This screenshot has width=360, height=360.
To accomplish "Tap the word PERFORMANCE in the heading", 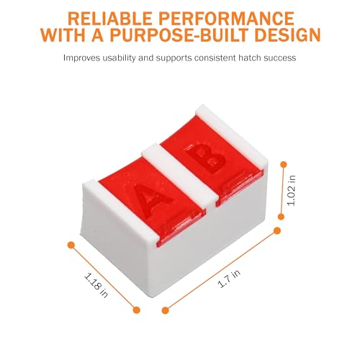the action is pos(226,18).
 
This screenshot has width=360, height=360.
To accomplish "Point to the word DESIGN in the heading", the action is pos(287,35).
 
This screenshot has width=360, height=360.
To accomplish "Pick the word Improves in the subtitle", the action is pos(81,58).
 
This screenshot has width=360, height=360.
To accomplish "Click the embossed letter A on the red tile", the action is pos(152,198).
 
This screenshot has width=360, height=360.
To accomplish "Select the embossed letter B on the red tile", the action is pos(205,158).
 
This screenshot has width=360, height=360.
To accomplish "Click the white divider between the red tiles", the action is pos(181,176).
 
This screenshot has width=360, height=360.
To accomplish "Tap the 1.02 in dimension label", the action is pos(292,191).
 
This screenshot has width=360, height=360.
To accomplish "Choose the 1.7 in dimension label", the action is pos(229,279).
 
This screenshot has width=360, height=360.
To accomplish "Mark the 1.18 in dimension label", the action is pos(96,285).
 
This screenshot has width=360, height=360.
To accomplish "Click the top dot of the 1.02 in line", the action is pos(284,165).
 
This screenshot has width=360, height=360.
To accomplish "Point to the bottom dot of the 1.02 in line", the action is pos(281,217).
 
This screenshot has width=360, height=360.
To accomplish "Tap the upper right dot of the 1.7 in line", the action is pos(277,230).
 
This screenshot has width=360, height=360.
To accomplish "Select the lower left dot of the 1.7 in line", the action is pos(165,310).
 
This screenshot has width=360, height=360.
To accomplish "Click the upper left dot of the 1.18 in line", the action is pos(71,245).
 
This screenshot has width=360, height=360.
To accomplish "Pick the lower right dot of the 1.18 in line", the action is pos(136,310).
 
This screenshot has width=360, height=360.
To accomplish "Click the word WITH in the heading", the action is pos(63,35).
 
